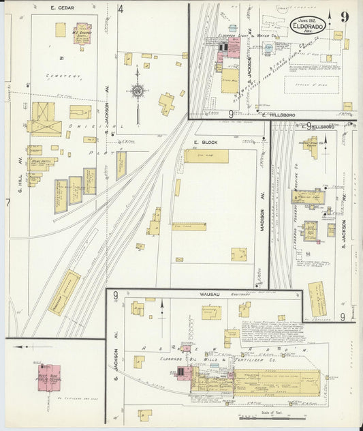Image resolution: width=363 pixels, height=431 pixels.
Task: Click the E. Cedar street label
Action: [x=62, y=8]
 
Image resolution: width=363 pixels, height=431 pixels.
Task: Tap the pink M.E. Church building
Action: [x=82, y=33]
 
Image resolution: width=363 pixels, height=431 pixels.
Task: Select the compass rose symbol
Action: [x=138, y=90]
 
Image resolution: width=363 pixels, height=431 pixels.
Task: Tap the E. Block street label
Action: [x=205, y=142]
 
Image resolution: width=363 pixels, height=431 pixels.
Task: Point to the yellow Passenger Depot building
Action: [x=64, y=291]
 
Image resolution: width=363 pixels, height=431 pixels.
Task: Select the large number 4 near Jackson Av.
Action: [x=120, y=10]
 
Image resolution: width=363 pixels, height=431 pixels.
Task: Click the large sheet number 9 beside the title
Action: [x=347, y=18]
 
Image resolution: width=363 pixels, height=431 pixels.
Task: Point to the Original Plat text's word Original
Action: [x=82, y=128]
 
